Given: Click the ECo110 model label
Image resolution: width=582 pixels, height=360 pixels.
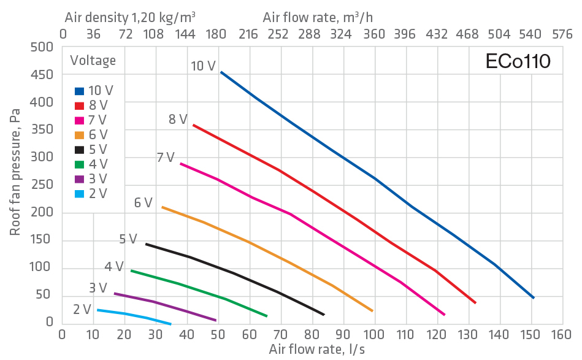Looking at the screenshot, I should [x=518, y=61].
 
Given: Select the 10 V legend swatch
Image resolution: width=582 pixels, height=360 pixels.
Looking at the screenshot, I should [x=79, y=91].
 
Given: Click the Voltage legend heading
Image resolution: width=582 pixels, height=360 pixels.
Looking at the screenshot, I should [x=93, y=60].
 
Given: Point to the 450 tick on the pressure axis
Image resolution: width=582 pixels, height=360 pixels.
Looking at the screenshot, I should [x=41, y=75].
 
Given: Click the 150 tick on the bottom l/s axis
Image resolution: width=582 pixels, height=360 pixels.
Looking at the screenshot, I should [x=531, y=335].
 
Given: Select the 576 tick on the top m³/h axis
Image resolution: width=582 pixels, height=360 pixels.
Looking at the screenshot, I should [x=562, y=35].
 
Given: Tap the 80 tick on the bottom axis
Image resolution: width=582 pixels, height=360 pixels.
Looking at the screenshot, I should [x=312, y=335].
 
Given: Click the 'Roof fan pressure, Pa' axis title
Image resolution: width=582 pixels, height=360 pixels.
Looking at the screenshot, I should [x=15, y=172].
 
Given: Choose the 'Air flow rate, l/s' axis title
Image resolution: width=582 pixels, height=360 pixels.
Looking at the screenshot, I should [x=311, y=350].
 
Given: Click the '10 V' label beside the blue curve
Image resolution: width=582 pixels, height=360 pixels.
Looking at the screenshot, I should [x=202, y=66].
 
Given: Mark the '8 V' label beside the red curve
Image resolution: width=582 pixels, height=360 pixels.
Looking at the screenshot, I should [x=178, y=120].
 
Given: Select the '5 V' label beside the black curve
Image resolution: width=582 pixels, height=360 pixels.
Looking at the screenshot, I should [x=128, y=239].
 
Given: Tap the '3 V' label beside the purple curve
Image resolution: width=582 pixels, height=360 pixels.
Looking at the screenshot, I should [x=98, y=288].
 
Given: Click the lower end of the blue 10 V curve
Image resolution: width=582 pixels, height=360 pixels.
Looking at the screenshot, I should [x=534, y=297].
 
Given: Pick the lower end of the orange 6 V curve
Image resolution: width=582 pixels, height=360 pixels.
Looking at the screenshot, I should [x=372, y=311].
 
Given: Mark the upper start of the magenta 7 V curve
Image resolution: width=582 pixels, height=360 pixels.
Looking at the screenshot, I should [x=180, y=164].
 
